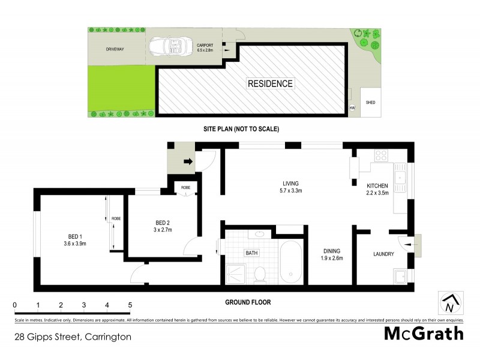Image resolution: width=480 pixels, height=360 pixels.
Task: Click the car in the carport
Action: click(171, 46)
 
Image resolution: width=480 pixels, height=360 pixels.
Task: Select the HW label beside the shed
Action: click(352, 108)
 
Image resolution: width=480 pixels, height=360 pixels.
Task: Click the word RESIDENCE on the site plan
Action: click(271, 84)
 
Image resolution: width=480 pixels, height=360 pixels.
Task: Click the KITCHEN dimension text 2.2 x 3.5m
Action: click(378, 193)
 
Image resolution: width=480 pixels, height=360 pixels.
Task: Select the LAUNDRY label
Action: click(382, 254)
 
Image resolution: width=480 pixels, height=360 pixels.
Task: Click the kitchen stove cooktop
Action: click(381, 155)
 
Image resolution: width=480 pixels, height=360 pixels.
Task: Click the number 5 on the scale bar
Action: click(130, 305)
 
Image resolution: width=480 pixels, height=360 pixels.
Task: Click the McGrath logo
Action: click(423, 334)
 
